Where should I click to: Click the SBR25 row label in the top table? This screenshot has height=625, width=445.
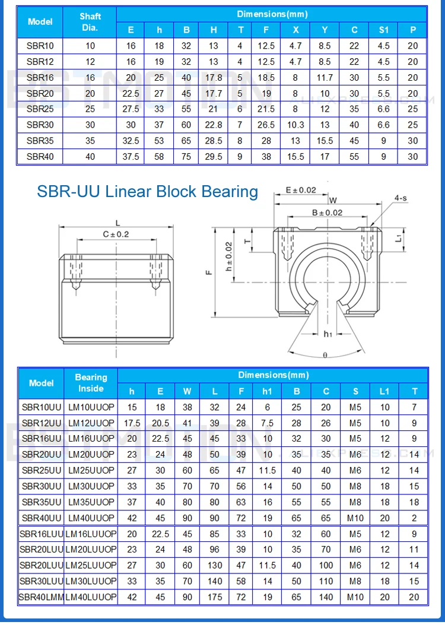[x=40, y=109]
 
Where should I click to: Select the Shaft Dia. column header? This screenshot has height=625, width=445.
[x=90, y=22]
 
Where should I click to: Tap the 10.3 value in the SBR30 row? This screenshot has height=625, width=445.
[x=295, y=125]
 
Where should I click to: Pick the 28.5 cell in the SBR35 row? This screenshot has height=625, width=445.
[x=213, y=141]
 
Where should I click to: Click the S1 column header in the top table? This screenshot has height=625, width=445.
[x=384, y=30]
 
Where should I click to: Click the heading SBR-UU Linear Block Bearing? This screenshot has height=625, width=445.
[x=147, y=191]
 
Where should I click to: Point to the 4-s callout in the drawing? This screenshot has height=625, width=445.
[x=401, y=198]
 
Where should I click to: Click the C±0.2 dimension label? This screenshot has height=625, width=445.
[x=116, y=234]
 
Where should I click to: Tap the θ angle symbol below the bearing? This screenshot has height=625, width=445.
[x=325, y=355]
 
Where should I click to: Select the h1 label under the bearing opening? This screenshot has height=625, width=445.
[x=328, y=334]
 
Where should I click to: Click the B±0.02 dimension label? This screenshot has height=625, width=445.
[x=327, y=212]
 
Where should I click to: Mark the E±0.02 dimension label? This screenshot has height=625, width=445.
[x=301, y=190]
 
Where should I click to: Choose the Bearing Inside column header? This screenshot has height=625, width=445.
[x=91, y=383]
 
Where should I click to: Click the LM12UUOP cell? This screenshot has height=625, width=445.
[x=91, y=423]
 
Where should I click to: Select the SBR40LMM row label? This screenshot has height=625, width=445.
[x=41, y=597]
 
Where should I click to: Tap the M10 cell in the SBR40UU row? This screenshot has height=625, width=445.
[x=355, y=518]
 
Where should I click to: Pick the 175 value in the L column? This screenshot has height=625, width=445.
[x=215, y=597]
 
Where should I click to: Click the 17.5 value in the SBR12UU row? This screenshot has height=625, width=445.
[x=132, y=423]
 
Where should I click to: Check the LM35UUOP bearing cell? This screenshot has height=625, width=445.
[x=91, y=502]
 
